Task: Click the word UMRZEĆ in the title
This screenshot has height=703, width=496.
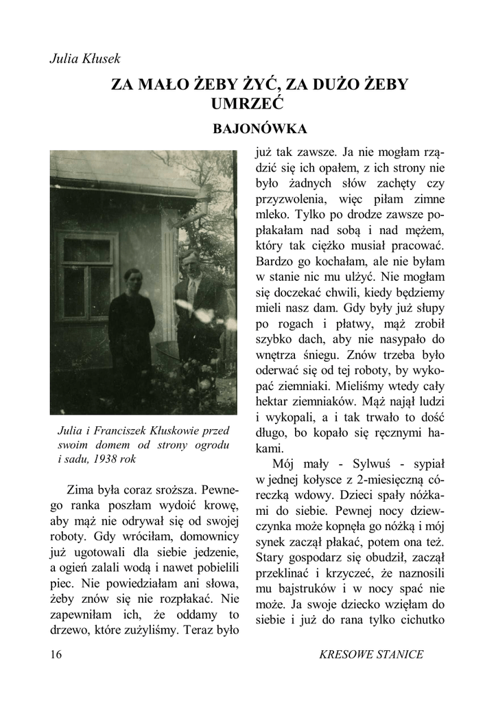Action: [248, 104]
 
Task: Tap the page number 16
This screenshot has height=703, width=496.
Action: [56, 654]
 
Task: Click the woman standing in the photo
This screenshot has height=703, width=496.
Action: [132, 330]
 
